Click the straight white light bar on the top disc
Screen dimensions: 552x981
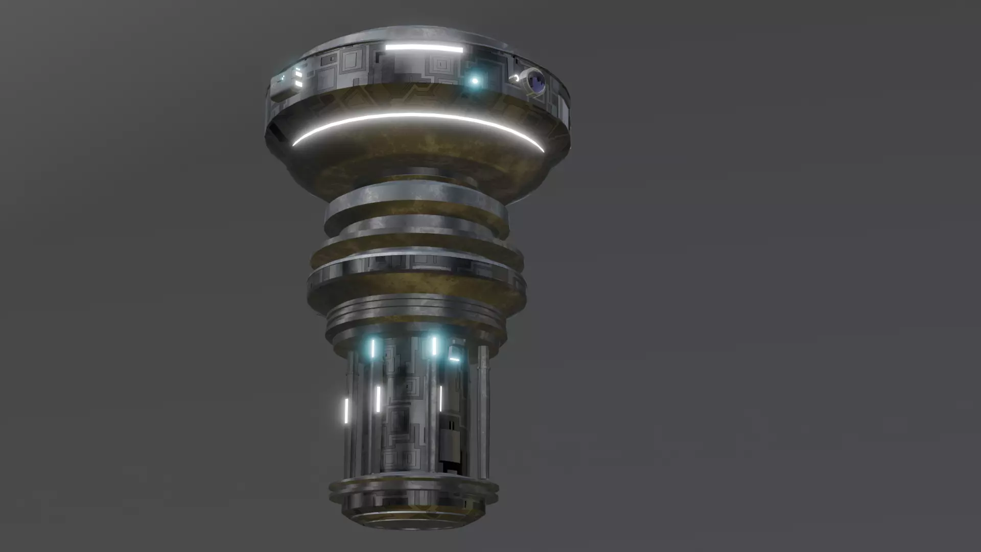pos(424,49)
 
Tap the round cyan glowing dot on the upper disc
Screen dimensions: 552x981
pos(475,81)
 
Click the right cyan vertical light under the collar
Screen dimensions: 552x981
pos(434,346)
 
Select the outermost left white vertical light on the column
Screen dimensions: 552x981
pos(346,411)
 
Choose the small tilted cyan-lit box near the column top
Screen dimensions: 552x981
pos(455,354)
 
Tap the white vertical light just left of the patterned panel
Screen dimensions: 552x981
pos(379,399)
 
